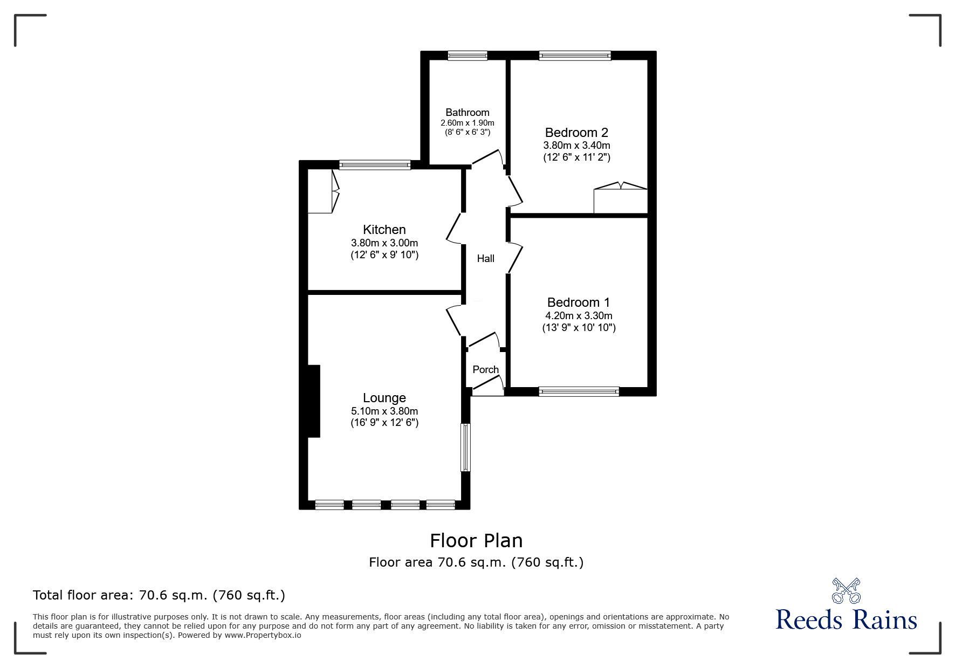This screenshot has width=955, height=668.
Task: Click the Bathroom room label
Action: pos(467,112)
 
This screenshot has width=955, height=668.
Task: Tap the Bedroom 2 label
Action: pos(576,132)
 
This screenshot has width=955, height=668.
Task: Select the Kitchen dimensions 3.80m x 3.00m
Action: pos(384,243)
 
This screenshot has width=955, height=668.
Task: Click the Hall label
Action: pos(485,259)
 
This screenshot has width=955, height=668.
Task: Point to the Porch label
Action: pos(485,369)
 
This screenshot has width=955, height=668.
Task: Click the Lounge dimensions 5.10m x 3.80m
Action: pos(384,411)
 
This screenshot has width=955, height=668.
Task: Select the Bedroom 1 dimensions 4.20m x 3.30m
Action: pos(579,316)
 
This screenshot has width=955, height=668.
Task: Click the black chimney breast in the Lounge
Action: pos(313,401)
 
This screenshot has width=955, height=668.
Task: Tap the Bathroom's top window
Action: pos(467,55)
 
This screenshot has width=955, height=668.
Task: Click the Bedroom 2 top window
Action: pos(575,55)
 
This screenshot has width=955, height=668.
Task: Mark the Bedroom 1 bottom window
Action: pos(579,391)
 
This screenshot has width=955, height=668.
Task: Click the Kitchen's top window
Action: pos(375,165)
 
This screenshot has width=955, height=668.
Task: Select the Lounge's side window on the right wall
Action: pos(465,447)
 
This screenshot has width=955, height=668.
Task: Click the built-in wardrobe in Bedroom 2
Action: pos(620,201)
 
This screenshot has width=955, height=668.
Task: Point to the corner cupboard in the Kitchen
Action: pos(322,192)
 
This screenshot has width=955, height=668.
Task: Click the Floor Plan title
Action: pos(476,540)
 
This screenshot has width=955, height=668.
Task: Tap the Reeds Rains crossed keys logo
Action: pos(846,591)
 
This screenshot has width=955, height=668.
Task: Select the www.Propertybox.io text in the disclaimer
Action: pos(263,635)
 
